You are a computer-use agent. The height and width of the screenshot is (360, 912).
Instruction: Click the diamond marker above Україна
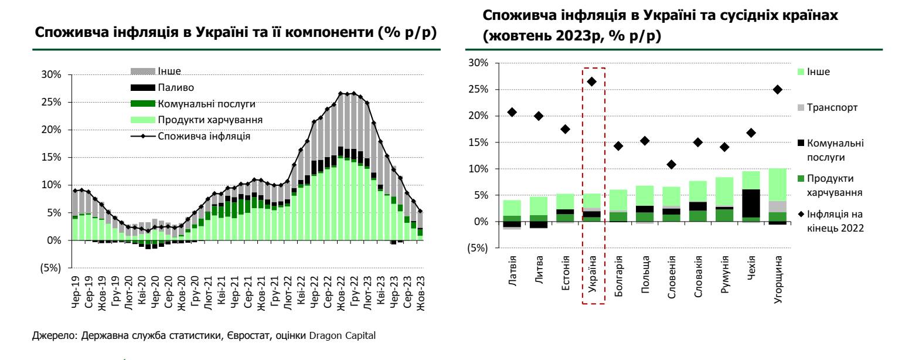pyautogui.click(x=591, y=81)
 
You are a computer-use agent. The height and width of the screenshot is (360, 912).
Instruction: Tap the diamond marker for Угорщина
pyautogui.click(x=778, y=90)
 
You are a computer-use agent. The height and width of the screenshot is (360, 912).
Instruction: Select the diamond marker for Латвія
pyautogui.click(x=512, y=112)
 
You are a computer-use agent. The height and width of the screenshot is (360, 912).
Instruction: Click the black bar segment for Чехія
pyautogui.click(x=751, y=203)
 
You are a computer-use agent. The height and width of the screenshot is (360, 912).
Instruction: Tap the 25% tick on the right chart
pyautogui.click(x=484, y=90)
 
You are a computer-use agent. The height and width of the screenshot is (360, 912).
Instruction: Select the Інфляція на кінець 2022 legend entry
pyautogui.click(x=835, y=221)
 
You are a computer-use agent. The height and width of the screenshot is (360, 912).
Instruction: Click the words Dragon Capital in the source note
pyautogui.click(x=353, y=336)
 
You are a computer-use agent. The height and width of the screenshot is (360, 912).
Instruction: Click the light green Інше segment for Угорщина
pyautogui.click(x=778, y=185)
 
